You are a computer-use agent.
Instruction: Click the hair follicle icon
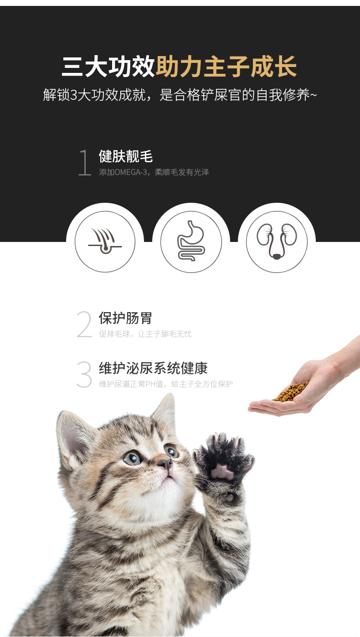point(105,241)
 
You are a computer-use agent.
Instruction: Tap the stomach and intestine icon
point(191,241)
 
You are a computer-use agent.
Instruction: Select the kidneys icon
point(277,241)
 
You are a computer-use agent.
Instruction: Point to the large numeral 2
point(84,324)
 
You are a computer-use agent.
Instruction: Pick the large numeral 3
point(84,374)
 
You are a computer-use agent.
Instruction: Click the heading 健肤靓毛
point(126,156)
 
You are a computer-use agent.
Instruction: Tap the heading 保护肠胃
point(125,318)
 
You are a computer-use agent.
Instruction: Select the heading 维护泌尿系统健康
point(153,368)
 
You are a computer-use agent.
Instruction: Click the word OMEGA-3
point(130,172)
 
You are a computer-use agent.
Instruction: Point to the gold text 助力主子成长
point(226,67)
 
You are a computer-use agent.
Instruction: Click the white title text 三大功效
point(108,67)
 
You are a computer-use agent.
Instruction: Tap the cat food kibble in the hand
point(291,391)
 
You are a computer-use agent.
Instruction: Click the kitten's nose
point(165,464)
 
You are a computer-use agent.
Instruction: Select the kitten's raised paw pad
point(222,471)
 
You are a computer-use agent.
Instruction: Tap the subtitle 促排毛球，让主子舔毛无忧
point(145,334)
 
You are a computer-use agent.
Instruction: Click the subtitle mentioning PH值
point(166,384)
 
